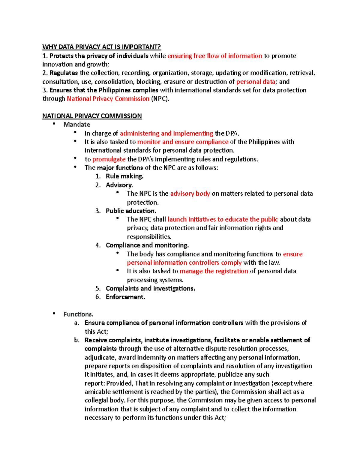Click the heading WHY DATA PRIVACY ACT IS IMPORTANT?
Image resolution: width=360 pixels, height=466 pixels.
pyautogui.click(x=101, y=47)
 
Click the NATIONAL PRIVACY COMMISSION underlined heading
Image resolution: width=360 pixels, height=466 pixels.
pyautogui.click(x=92, y=116)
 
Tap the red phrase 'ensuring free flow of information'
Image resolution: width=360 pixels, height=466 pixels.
pyautogui.click(x=214, y=56)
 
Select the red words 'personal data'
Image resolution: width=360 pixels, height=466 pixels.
pyautogui.click(x=256, y=82)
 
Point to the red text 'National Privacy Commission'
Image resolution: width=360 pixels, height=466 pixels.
pyautogui.click(x=108, y=99)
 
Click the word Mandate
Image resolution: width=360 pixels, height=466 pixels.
pyautogui.click(x=77, y=125)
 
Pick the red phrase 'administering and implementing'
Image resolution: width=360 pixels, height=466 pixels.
pyautogui.click(x=166, y=133)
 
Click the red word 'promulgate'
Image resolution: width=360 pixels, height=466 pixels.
pyautogui.click(x=109, y=159)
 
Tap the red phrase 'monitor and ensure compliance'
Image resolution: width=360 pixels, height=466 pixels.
pyautogui.click(x=183, y=142)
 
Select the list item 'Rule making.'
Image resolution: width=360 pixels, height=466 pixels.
pyautogui.click(x=124, y=176)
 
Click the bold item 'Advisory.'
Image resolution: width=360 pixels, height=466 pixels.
pyautogui.click(x=119, y=185)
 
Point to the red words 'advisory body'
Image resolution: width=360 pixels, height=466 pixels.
pyautogui.click(x=190, y=194)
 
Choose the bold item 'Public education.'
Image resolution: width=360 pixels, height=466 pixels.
pyautogui.click(x=131, y=211)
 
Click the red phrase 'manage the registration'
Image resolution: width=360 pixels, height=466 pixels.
pyautogui.click(x=214, y=271)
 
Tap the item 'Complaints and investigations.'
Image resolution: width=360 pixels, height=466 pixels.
pyautogui.click(x=150, y=288)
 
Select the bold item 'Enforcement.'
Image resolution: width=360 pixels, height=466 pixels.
pyautogui.click(x=125, y=297)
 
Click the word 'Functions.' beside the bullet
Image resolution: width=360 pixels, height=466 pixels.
pyautogui.click(x=78, y=314)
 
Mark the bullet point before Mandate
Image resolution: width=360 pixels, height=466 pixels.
pyautogui.click(x=54, y=124)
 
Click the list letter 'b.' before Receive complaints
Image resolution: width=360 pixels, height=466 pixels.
pyautogui.click(x=77, y=340)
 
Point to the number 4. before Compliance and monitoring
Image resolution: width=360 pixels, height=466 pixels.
pyautogui.click(x=98, y=245)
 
